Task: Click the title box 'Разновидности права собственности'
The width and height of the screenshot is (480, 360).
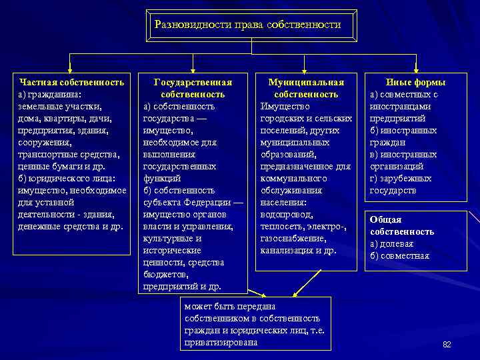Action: click(247, 25)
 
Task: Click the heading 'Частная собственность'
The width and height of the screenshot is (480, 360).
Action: click(71, 82)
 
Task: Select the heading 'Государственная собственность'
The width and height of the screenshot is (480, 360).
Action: click(193, 88)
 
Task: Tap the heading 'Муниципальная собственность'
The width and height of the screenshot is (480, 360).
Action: click(306, 88)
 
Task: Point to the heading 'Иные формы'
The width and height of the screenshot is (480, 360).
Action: click(416, 82)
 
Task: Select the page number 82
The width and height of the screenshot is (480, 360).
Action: click(447, 344)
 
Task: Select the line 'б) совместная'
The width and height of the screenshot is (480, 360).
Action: click(399, 255)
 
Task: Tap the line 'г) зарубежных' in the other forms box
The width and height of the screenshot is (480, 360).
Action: click(401, 178)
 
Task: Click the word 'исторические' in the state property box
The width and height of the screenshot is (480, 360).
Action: click(172, 250)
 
